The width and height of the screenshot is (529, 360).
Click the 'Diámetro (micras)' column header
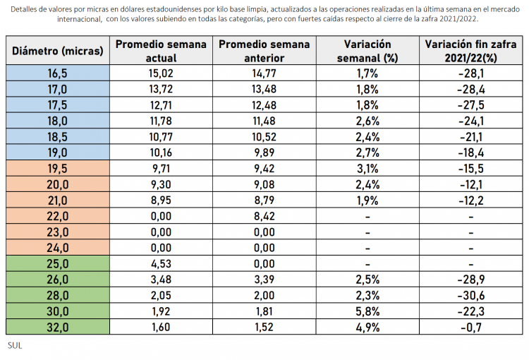point(58,51)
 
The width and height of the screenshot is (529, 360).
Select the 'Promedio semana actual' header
point(161,51)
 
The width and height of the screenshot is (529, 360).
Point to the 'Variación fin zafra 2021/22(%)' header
point(470,51)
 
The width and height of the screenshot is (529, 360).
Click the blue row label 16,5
point(58,73)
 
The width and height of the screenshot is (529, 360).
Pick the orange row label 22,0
point(58,216)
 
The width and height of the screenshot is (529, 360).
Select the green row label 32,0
point(58,326)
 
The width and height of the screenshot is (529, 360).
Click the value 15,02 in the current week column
point(161,73)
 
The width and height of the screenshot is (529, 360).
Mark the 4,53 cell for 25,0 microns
point(161,265)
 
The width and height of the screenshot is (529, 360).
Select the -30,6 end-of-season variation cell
point(470,294)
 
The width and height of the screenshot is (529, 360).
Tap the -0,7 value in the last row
point(470,326)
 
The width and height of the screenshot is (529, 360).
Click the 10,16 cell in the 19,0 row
point(161,153)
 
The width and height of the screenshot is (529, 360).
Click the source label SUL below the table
point(15,346)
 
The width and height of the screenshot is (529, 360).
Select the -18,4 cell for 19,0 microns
point(470,153)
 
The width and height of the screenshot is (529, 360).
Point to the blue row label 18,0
point(58,121)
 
